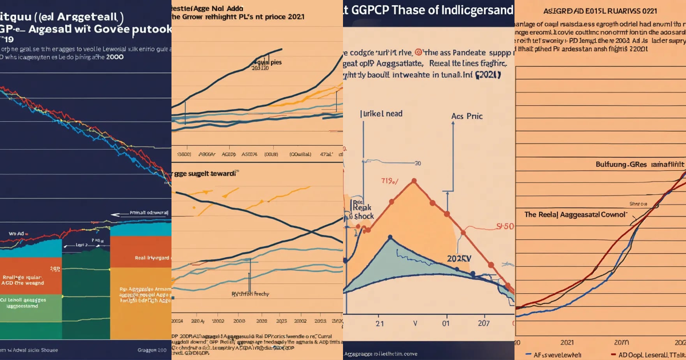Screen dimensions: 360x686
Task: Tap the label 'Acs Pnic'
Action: (466, 116)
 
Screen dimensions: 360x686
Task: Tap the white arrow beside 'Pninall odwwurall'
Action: (120, 215)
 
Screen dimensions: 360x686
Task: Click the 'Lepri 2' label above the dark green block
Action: (85, 244)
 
